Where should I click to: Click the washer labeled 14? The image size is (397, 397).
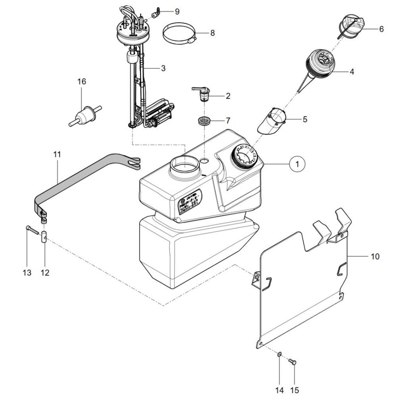(x=279, y=353)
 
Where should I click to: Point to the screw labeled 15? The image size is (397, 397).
(x=293, y=361)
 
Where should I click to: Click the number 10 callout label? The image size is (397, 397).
(x=375, y=256)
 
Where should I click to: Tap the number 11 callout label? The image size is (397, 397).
(x=57, y=154)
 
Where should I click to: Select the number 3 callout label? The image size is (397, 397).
(x=163, y=68)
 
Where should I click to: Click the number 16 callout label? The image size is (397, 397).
(x=81, y=82)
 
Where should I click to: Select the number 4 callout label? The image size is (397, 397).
(x=352, y=72)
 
